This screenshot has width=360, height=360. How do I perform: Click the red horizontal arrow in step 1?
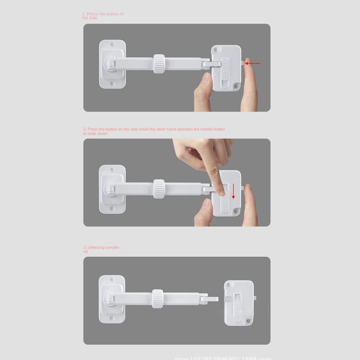253,63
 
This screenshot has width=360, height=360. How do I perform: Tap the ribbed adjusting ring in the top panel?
159,64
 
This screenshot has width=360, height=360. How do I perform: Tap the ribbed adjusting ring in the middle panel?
159,189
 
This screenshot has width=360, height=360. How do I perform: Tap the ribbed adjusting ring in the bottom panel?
157,298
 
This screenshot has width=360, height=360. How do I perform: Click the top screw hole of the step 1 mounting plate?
112,45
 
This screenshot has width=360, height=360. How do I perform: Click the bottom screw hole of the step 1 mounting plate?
112,84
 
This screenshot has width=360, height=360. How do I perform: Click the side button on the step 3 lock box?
255,298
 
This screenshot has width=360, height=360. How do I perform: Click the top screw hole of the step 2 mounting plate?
112,170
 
